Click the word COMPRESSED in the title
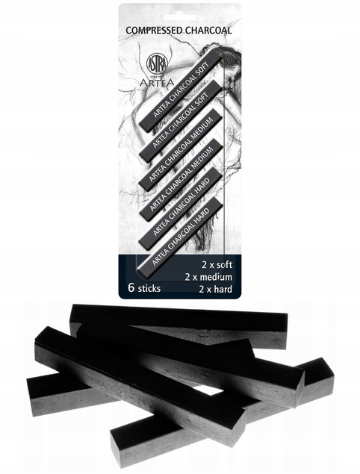[x=154, y=30]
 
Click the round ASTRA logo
[x=157, y=64]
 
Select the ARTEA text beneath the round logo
[x=157, y=83]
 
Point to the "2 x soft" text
[x=217, y=265]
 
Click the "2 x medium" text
[x=208, y=277]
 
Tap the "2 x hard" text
[x=215, y=289]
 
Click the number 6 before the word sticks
[x=131, y=287]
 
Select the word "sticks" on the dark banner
[x=149, y=288]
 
